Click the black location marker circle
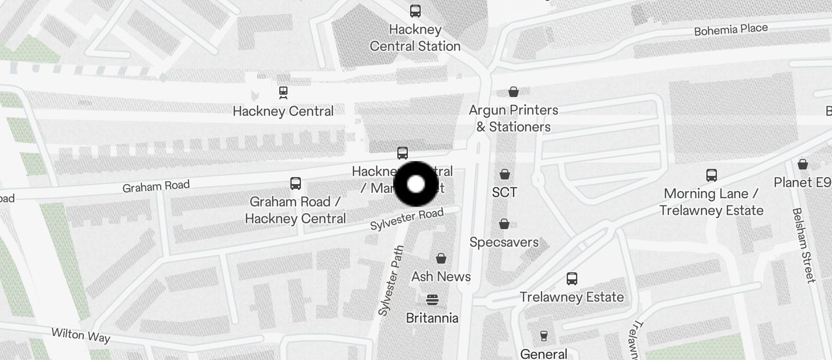(416, 184)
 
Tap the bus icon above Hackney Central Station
(415, 11)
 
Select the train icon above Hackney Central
(283, 92)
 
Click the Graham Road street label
(156, 186)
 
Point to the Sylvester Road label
(407, 219)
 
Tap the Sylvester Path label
(391, 280)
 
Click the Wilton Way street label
(81, 334)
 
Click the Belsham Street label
(803, 245)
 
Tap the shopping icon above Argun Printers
(514, 92)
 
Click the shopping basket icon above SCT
(505, 174)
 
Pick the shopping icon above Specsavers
(504, 224)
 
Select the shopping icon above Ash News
(441, 258)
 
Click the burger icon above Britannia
(432, 300)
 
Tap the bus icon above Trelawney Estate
(572, 279)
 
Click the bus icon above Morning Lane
(711, 175)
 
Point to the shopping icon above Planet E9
(803, 164)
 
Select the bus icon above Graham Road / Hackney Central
(296, 184)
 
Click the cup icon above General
(544, 335)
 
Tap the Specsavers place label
(504, 242)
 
